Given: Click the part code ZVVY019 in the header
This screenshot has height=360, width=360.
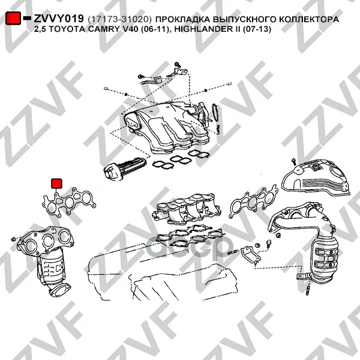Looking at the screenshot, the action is pos(59,19).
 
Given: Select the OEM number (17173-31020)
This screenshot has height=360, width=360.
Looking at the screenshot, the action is pos(119,19).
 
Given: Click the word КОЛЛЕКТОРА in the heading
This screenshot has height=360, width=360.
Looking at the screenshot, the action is pos(309,19).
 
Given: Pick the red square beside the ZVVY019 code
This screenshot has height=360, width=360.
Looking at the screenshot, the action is pos(13,18).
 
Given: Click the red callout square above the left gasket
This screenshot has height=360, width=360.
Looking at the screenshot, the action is pos(56,184).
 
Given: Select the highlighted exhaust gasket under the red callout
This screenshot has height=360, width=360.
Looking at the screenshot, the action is pos(69,202).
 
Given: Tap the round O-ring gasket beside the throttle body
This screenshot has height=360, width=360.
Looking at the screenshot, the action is pos(216,113).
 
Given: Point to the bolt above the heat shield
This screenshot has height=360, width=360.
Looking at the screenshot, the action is pos(293,161).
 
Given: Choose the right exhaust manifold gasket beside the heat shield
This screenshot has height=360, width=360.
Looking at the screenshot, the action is pos(254,202).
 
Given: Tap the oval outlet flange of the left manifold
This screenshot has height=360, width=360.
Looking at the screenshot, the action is pos(59,289).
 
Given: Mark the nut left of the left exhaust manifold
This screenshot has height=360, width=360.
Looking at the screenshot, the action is pos(14,239).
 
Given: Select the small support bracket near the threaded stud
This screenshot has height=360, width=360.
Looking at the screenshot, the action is pos(251,254).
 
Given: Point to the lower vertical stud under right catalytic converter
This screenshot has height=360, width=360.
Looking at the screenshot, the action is pos(308,290).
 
